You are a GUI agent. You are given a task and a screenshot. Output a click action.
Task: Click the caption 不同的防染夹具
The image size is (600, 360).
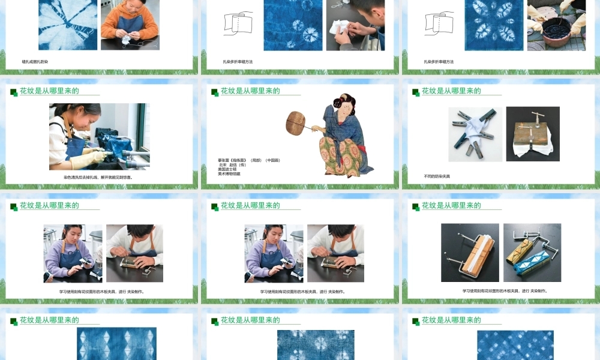click(x=437, y=176)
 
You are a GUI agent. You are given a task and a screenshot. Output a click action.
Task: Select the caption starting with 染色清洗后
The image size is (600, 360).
click(x=98, y=177)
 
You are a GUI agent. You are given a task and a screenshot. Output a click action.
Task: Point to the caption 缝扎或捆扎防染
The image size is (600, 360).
click(x=35, y=62)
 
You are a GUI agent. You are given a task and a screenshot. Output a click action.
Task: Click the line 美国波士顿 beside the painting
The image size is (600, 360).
click(x=229, y=169)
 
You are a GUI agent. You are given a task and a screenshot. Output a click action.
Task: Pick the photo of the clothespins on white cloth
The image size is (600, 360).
click(x=475, y=134)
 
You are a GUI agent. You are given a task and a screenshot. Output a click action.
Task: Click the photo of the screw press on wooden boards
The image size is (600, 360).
click(x=533, y=134)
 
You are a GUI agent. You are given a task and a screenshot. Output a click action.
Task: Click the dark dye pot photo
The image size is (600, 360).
click(x=556, y=25)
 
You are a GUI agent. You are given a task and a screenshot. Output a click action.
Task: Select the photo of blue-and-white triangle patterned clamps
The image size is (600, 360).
click(x=532, y=253)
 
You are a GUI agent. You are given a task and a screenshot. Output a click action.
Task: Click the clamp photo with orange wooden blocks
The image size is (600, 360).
click(x=470, y=253)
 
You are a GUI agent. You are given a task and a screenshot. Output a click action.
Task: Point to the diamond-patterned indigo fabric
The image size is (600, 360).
click(x=116, y=343)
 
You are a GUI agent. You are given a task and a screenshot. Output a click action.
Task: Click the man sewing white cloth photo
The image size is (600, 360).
click(x=356, y=25)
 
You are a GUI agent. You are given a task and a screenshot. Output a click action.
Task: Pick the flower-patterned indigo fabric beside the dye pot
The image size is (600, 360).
click(x=494, y=25)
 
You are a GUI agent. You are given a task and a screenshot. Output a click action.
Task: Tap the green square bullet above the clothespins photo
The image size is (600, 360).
click(x=415, y=92)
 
